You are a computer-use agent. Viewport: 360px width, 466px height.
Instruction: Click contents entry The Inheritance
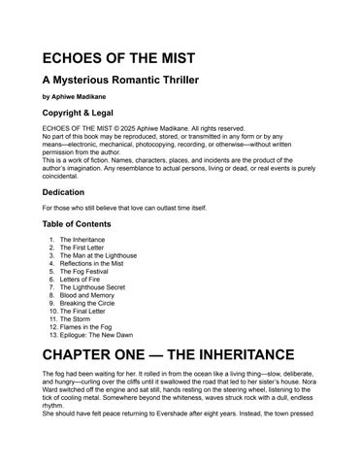click(x=83, y=239)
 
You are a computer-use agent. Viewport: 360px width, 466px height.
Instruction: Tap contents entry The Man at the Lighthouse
click(x=98, y=255)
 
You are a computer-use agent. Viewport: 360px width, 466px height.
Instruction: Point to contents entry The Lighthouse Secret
click(x=94, y=289)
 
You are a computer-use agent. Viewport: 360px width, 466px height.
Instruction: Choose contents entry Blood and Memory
click(x=87, y=298)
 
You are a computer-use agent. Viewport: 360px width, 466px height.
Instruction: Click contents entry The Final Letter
click(x=84, y=315)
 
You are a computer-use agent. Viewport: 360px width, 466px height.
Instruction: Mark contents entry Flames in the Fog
click(x=87, y=332)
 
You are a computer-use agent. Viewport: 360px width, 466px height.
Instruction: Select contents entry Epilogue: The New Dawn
click(x=98, y=340)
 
